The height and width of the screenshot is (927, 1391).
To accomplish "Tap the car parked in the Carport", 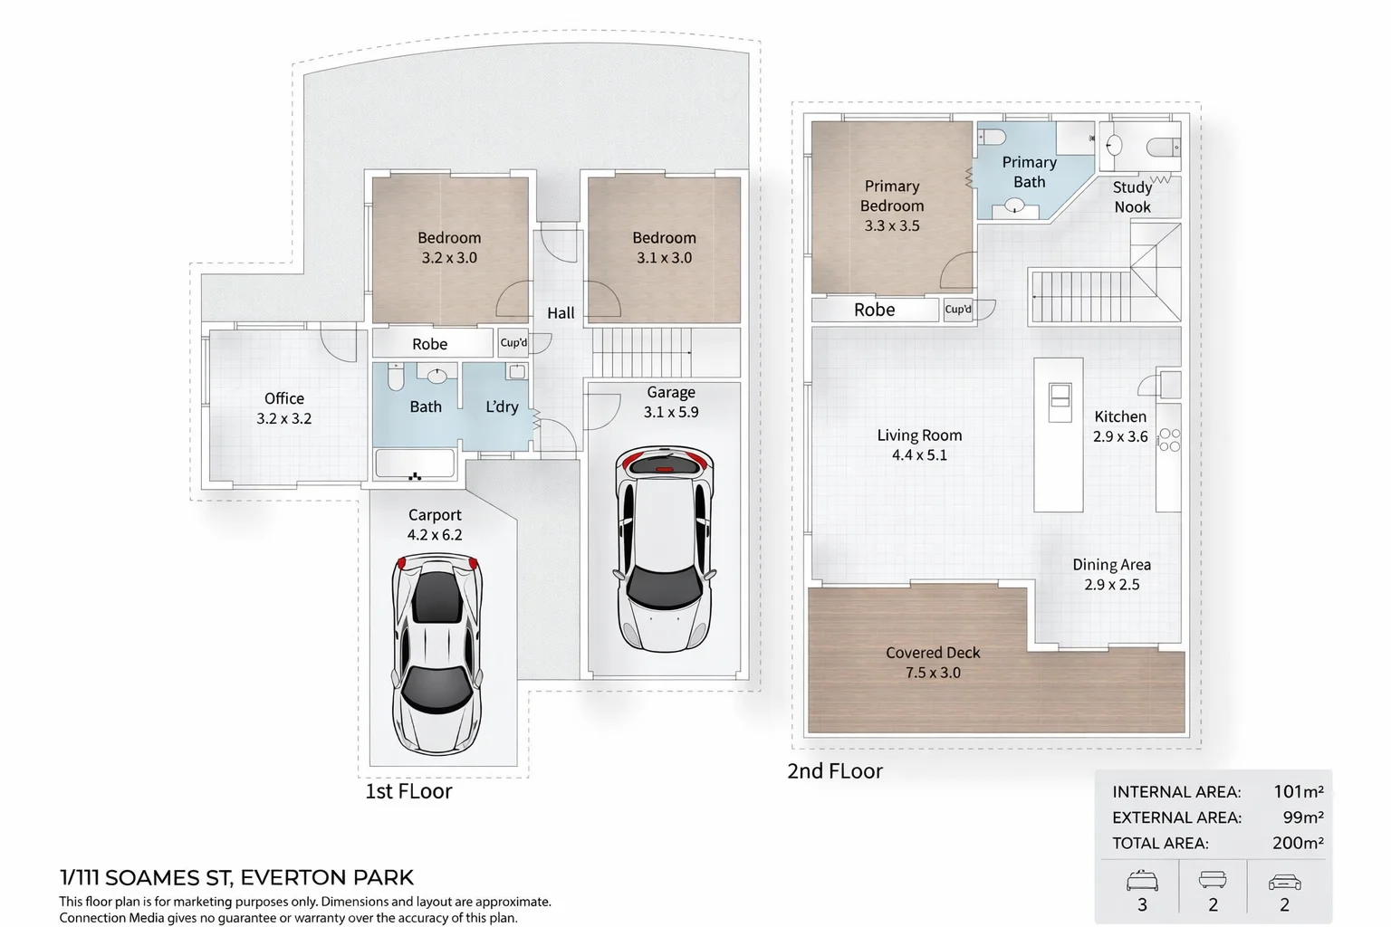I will click(x=437, y=652).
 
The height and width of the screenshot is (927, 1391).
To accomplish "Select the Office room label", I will click(x=283, y=398).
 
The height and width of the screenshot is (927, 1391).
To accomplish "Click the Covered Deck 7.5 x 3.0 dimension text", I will click(x=933, y=673).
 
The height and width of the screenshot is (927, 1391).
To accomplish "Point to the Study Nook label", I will click(x=1132, y=196).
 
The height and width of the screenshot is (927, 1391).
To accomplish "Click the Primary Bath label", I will click(x=1029, y=172).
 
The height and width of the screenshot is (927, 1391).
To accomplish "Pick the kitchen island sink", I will click(x=1059, y=401).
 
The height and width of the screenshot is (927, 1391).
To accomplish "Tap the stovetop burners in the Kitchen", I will click(x=1169, y=440).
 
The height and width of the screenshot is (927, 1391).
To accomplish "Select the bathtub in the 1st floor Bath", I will click(x=416, y=464).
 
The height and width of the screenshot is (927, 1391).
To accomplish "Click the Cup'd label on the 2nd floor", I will click(x=957, y=310).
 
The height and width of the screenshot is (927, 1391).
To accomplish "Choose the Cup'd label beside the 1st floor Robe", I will click(x=513, y=343).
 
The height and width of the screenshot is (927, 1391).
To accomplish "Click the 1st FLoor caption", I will click(x=408, y=791).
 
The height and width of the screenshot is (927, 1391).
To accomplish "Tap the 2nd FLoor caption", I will click(x=834, y=771).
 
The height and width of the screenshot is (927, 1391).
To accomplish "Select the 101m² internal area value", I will click(x=1298, y=791).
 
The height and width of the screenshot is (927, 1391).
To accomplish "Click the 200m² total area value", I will click(x=1297, y=843).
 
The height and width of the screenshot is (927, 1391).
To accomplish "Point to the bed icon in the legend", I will click(x=1142, y=880).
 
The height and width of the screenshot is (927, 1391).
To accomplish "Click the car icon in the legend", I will click(x=1284, y=881).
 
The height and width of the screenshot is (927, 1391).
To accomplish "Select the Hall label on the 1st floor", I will click(x=561, y=313).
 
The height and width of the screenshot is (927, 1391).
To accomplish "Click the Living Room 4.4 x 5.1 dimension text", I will click(x=919, y=455).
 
